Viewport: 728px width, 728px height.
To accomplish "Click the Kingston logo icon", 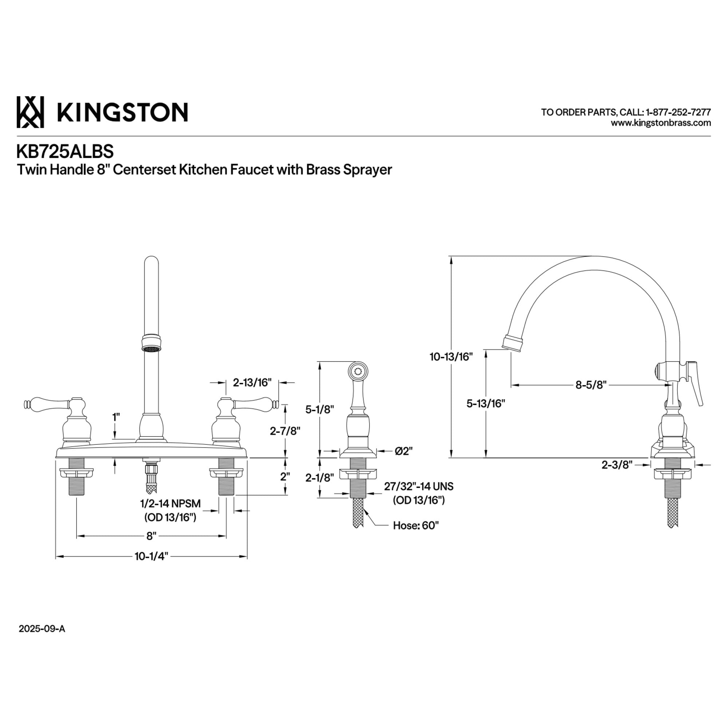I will (30, 112).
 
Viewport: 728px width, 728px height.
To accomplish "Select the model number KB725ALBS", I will (65, 151).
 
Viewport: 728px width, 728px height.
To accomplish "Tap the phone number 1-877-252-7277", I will (678, 112).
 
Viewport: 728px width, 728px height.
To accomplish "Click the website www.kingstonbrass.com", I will (661, 123).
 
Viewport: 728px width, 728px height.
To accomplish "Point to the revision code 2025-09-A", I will (42, 629).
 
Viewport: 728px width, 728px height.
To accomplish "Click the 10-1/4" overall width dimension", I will (151, 556).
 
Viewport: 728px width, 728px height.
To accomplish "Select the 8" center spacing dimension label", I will (151, 536).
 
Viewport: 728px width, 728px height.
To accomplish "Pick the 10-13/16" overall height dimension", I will (451, 356).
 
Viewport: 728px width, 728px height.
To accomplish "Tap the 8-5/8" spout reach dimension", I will (591, 385).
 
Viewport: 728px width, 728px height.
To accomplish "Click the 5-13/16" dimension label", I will (485, 404).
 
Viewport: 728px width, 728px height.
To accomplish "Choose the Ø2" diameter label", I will (404, 451).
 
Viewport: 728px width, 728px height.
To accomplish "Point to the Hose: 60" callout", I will (416, 525).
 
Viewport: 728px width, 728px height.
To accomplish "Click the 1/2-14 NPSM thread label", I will (170, 503).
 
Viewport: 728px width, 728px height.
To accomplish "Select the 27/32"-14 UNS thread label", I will (419, 486).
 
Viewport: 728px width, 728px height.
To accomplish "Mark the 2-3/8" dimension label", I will (617, 465).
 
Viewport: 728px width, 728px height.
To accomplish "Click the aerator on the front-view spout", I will (151, 344).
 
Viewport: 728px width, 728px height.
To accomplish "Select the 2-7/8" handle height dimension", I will (285, 431).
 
